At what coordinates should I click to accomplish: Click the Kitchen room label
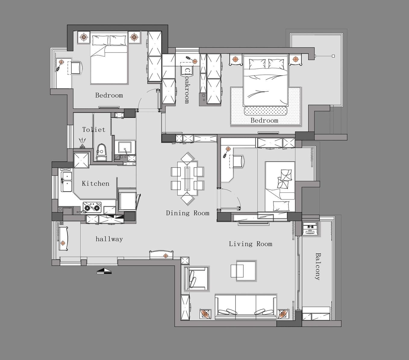95,184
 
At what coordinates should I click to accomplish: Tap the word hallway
109,239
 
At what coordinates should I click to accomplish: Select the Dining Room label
188,213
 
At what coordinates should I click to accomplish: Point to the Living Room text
251,244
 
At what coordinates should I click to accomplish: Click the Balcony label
317,267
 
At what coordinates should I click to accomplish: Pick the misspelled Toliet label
94,129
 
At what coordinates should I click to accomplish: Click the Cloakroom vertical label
187,86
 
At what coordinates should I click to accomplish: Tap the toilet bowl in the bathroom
101,152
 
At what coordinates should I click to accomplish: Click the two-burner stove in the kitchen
92,207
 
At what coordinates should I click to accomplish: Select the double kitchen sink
67,182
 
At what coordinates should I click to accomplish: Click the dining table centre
187,178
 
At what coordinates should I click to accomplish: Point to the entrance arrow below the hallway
104,271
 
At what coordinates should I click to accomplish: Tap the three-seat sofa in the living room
246,307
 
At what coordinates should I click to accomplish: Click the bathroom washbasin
125,148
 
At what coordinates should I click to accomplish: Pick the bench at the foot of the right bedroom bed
266,111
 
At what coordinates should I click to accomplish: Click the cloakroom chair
187,71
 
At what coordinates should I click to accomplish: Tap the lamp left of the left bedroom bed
83,37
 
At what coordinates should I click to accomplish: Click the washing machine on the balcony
310,229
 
